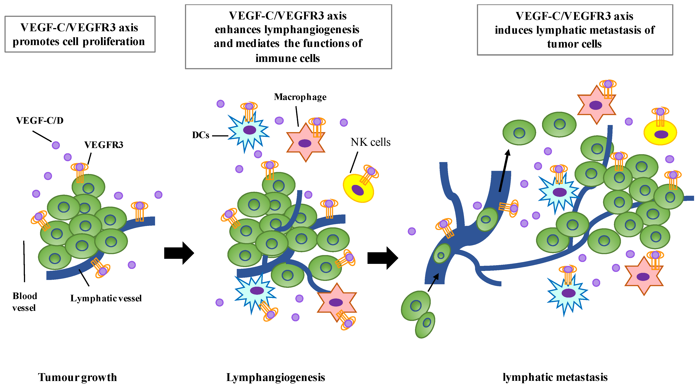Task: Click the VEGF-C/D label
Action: pos(40,120)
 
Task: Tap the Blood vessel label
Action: pos(24,302)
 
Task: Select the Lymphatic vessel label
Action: pos(106,298)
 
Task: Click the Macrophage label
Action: pos(300,97)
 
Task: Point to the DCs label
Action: pos(200,135)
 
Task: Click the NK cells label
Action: pos(370,142)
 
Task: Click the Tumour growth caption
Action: pos(77,377)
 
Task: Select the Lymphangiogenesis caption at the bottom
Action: pos(275,377)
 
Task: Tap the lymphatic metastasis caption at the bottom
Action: pos(555,377)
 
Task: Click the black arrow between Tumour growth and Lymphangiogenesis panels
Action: pos(179,253)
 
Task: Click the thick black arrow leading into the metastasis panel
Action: pos(382,258)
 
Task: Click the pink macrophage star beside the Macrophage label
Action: pos(305,143)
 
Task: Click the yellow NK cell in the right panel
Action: pos(660,133)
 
